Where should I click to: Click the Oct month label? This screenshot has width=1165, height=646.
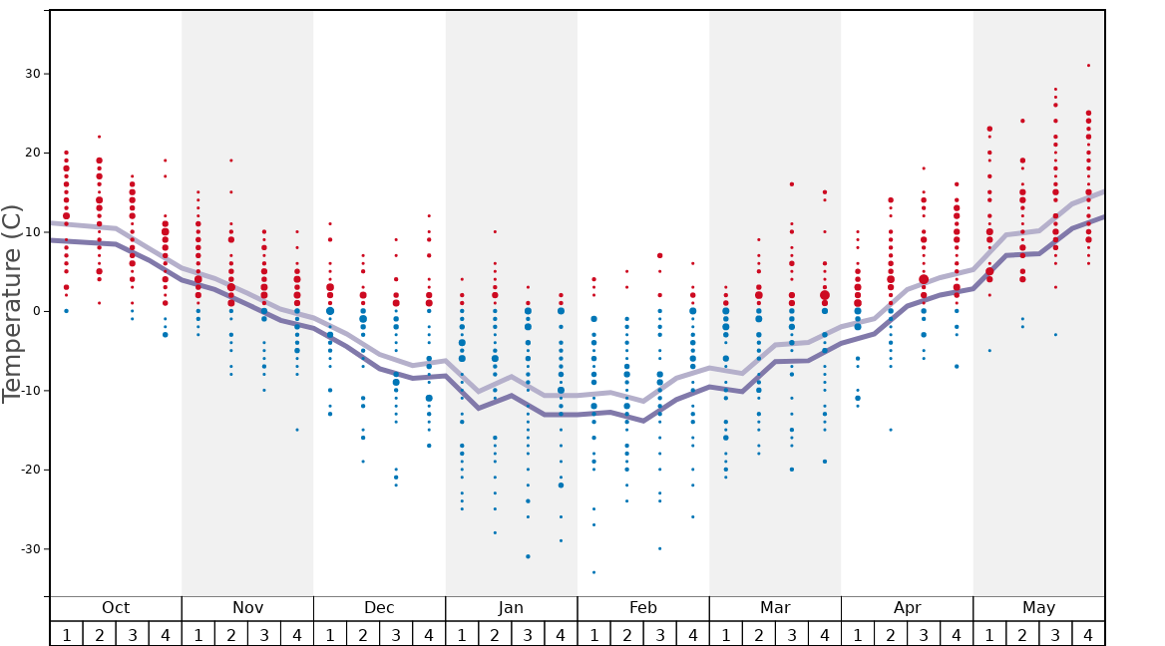[x=116, y=608]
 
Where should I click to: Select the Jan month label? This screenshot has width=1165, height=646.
[x=511, y=608]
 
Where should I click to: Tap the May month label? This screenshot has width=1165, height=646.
[x=1038, y=608]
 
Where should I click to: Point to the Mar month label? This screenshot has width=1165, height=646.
[x=775, y=608]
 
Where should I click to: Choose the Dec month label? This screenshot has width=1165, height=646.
[x=379, y=608]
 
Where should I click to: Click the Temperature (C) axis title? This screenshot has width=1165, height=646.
[x=12, y=304]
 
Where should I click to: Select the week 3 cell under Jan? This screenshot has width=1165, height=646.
[x=528, y=634]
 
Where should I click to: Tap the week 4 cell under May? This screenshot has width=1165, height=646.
[x=1088, y=634]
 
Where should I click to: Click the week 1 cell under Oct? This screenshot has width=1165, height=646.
[x=66, y=634]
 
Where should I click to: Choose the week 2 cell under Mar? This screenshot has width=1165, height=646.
[x=758, y=634]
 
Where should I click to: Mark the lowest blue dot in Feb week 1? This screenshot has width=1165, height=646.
[x=593, y=572]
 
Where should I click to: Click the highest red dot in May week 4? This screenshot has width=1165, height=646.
[x=1088, y=66]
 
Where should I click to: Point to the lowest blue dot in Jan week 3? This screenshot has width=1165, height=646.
[x=528, y=556]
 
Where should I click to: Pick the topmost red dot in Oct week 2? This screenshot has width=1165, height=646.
[x=99, y=137]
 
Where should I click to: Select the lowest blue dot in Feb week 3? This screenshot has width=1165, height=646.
[x=659, y=548]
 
